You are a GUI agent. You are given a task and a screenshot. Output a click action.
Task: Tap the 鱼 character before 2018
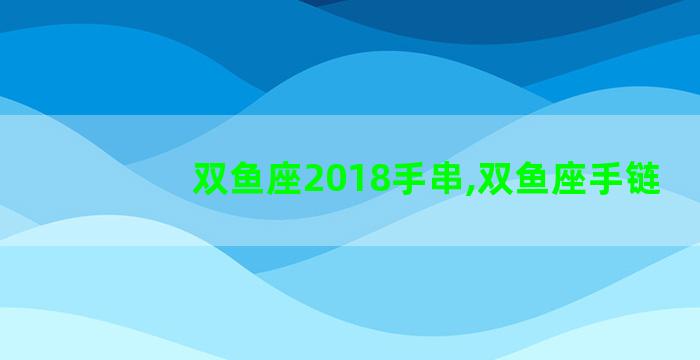[x=248, y=180]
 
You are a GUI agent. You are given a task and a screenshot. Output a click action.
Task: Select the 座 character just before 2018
[x=285, y=180]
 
